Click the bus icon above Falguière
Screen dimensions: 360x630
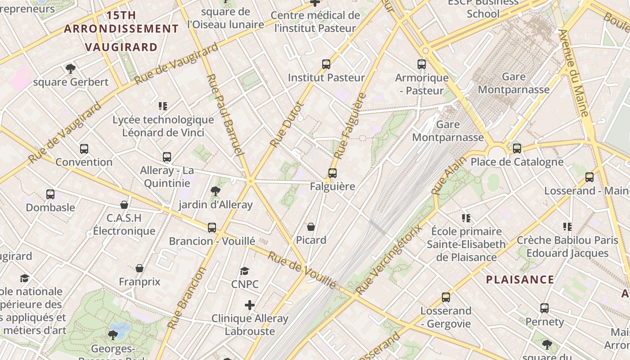[x=333, y=173]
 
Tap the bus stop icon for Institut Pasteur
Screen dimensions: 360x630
[x=326, y=64]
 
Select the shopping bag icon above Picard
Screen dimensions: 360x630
[x=311, y=226]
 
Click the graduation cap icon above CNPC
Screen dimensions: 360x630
[x=244, y=271]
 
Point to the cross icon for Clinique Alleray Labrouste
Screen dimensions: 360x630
[x=250, y=305]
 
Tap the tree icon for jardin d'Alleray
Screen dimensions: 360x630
[x=216, y=191]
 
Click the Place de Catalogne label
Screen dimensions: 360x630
[x=517, y=162]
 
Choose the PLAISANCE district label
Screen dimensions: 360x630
[x=520, y=279]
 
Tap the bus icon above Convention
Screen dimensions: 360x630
[x=84, y=149]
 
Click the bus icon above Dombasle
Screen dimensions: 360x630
[x=50, y=194]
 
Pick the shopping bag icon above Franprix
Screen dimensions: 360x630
[x=139, y=269]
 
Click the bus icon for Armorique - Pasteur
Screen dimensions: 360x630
[x=422, y=64]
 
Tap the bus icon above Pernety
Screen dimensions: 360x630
[x=544, y=308]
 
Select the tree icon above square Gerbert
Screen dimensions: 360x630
[x=70, y=69]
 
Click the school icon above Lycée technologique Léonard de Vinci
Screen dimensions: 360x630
[x=163, y=106]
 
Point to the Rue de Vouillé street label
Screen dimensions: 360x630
[x=302, y=270]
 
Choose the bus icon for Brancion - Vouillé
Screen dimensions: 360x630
[x=212, y=228]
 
